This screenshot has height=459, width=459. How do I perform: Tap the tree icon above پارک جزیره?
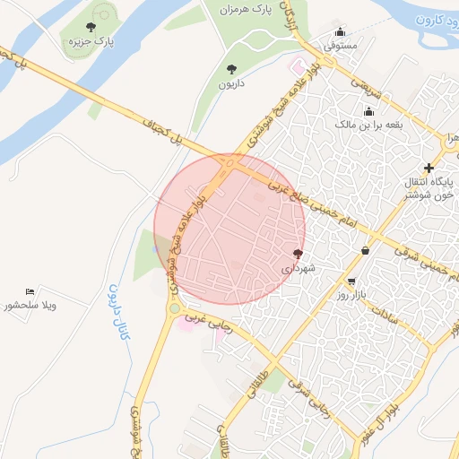click(x=91, y=28)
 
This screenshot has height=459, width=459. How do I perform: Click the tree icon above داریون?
click(x=232, y=69)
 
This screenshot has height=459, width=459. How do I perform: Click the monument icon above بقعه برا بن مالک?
click(x=368, y=112)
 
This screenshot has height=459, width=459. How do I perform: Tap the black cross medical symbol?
click(x=429, y=168)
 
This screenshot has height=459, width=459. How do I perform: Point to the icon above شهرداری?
click(x=299, y=255)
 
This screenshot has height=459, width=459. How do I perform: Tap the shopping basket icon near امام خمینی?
click(x=365, y=251)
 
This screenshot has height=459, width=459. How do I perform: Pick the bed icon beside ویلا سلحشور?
click(x=31, y=291)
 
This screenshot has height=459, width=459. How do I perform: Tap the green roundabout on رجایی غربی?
click(x=173, y=309)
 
